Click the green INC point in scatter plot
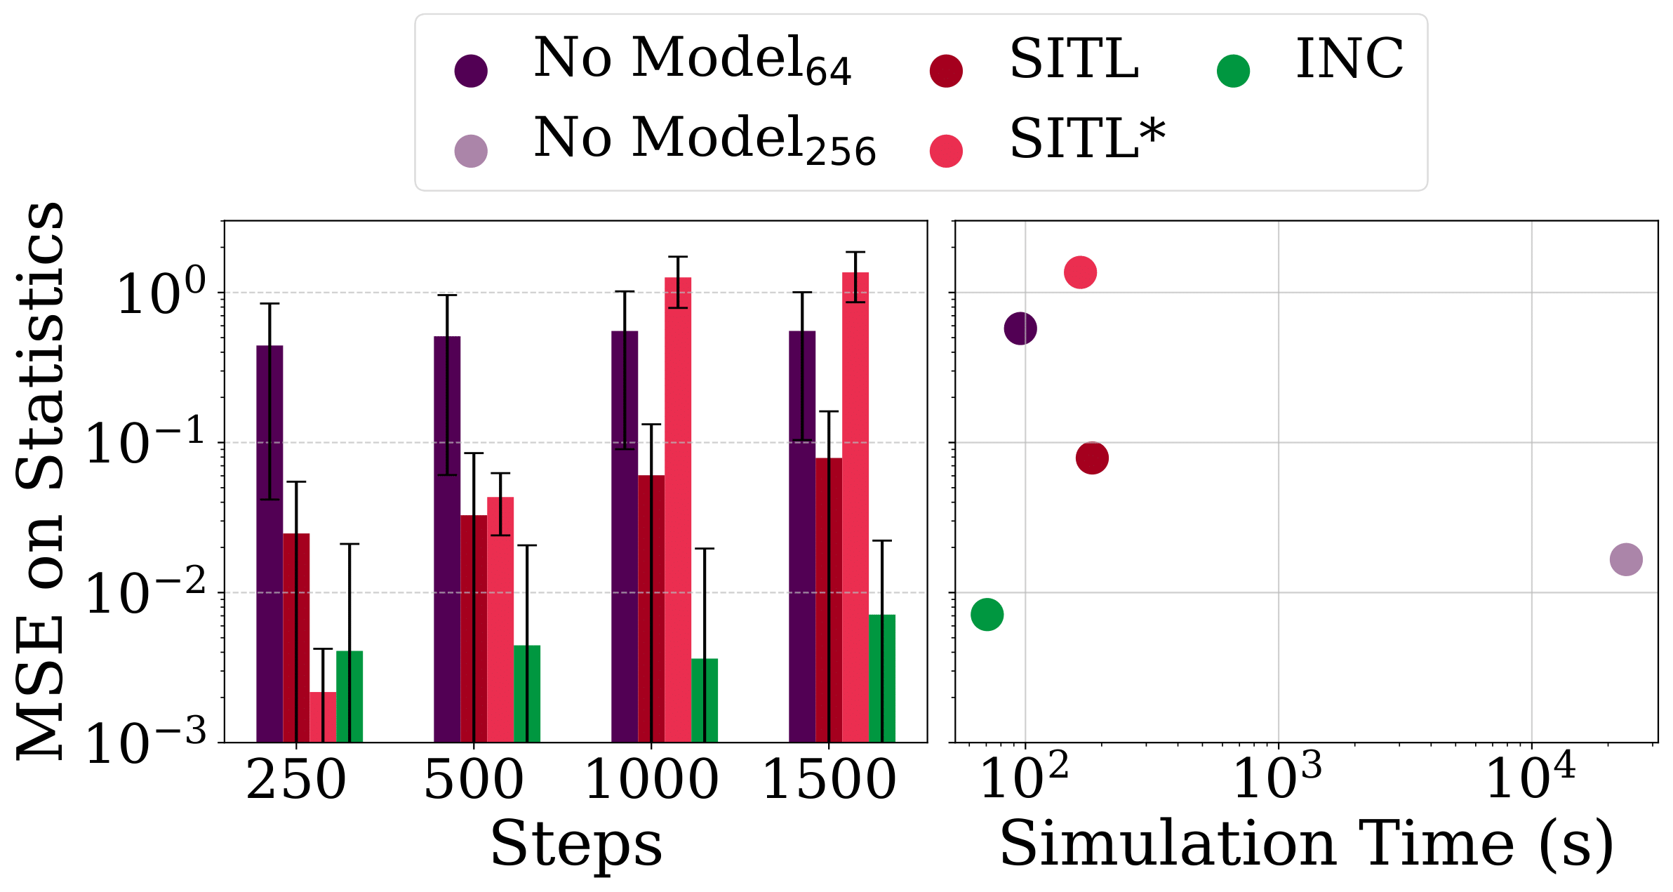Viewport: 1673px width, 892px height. coord(987,615)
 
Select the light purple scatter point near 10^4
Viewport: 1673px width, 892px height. coord(1626,559)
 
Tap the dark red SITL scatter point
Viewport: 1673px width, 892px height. coord(1092,458)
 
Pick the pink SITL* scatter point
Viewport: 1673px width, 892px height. coord(1080,272)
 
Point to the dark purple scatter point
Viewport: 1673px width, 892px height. coord(1020,328)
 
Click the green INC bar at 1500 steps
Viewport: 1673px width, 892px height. coord(882,677)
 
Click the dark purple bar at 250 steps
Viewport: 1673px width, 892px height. coord(269,543)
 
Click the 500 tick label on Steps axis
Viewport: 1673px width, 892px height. coord(474,780)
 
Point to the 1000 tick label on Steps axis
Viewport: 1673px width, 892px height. coord(651,780)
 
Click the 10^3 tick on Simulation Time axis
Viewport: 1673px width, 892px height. coord(1277,778)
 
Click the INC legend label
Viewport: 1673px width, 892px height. coord(1349,59)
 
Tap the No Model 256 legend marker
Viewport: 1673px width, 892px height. coord(471,151)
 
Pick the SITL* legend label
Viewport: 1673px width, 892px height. coord(1087,138)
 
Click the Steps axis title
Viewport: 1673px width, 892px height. coord(575,845)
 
